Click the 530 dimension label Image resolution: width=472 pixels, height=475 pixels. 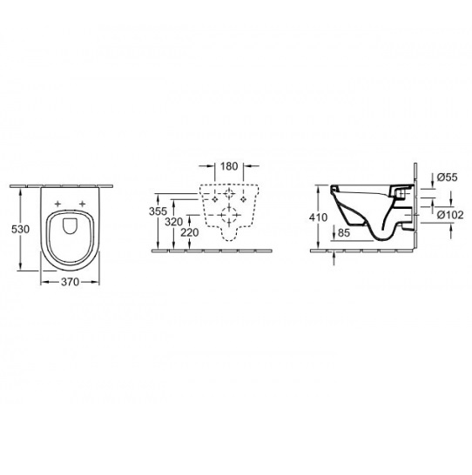(x=20, y=230)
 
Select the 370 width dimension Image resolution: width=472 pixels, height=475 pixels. (x=70, y=282)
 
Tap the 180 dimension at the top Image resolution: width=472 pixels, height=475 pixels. (x=229, y=166)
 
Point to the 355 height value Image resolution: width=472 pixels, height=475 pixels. (x=158, y=211)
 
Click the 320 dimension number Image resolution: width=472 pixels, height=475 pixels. (x=173, y=222)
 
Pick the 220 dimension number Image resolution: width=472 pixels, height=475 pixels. (x=190, y=232)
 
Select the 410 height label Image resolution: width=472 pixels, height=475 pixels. (x=319, y=217)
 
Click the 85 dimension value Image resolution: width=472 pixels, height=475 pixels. (x=344, y=232)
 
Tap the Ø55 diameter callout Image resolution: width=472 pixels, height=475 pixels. (x=448, y=177)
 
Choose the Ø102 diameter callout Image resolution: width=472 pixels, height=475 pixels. (x=450, y=215)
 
